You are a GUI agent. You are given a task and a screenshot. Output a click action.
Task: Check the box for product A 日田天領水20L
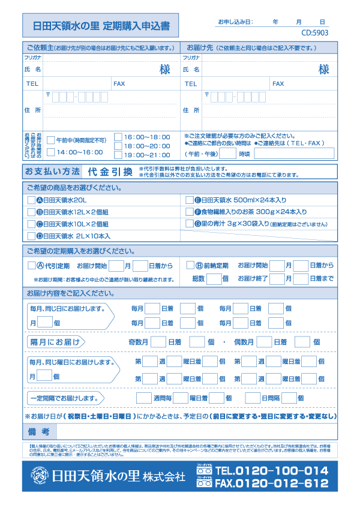point(31,200)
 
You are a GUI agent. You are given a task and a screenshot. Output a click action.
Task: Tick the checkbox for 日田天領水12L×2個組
point(31,212)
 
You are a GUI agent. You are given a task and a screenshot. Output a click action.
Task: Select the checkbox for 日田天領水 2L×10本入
point(31,236)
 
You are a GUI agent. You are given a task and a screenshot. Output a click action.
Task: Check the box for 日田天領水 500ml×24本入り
point(189,200)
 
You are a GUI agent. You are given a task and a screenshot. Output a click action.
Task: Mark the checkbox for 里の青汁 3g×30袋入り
point(189,224)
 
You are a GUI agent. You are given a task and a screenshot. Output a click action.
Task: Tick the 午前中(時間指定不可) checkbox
point(51,140)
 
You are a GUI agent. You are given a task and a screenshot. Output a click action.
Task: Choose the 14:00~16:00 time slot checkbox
point(51,152)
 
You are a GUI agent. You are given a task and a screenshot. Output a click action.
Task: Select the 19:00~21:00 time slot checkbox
point(118,155)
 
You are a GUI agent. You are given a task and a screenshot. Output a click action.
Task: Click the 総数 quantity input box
point(214,278)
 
